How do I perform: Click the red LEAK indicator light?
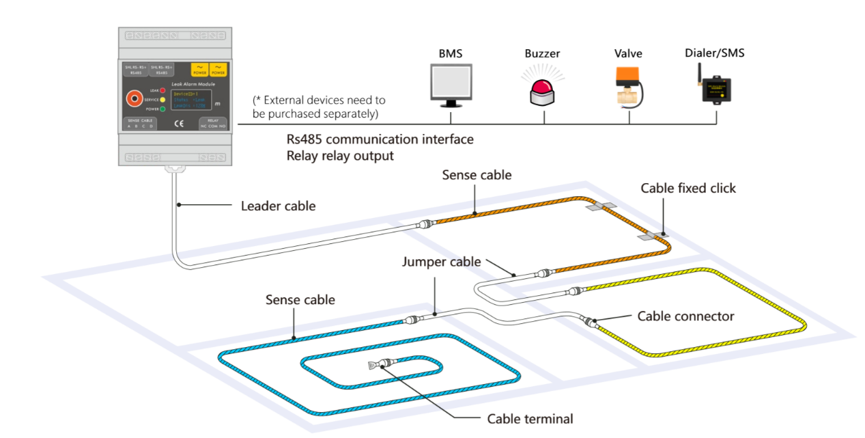pyautogui.click(x=163, y=90)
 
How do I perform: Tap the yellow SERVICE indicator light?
pyautogui.click(x=163, y=100)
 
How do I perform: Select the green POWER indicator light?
pyautogui.click(x=163, y=109)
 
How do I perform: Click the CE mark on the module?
pyautogui.click(x=180, y=123)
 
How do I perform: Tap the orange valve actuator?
pyautogui.click(x=627, y=76)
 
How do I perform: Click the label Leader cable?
pyautogui.click(x=279, y=206)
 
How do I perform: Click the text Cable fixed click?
pyautogui.click(x=687, y=188)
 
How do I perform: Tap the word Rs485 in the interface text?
pyautogui.click(x=304, y=139)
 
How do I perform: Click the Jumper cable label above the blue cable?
pyautogui.click(x=441, y=262)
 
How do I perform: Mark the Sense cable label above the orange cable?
pyautogui.click(x=477, y=175)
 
